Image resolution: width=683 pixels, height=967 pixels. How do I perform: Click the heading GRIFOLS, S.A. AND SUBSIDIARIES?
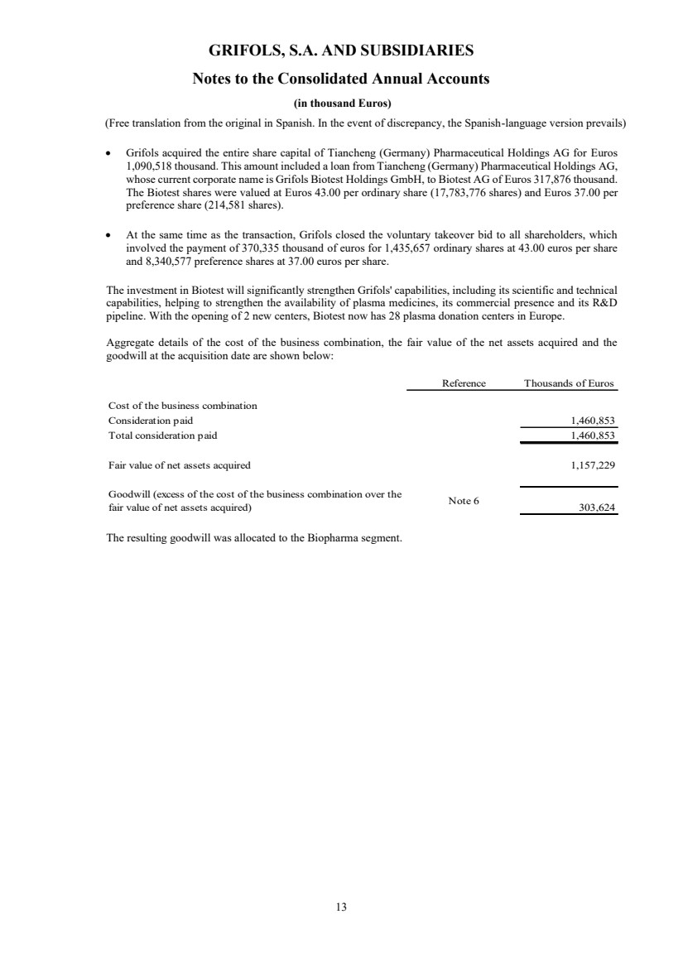341,51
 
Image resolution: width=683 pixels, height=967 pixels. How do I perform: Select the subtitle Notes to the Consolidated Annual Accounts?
341,79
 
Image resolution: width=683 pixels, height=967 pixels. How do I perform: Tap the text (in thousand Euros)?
341,103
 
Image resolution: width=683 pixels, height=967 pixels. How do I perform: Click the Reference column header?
464,382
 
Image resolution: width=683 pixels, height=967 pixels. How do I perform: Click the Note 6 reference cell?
464,501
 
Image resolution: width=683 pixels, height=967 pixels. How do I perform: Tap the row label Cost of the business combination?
183,406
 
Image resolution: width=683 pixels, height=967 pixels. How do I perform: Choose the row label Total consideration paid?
162,435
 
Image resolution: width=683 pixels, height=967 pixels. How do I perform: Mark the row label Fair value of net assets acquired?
179,465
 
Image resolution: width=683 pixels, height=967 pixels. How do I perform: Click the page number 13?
341,907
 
